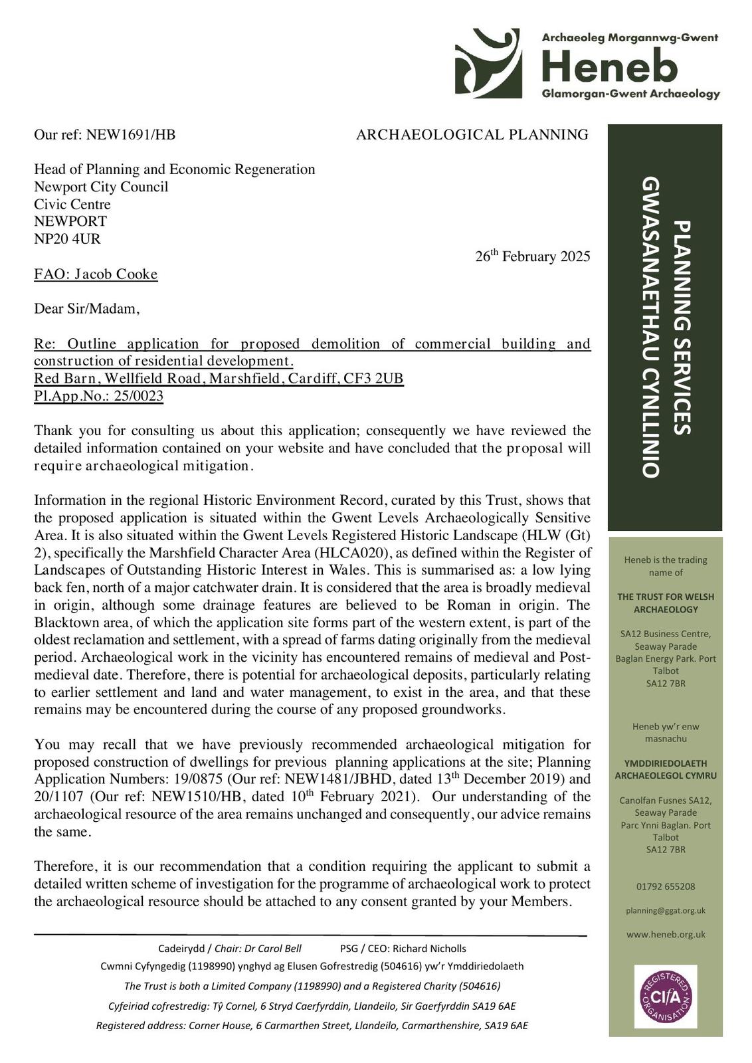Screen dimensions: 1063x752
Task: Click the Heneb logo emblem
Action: pos(488,64)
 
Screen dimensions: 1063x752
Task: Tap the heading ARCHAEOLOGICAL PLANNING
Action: pos(472,135)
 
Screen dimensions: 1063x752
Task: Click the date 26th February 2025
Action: pos(532,256)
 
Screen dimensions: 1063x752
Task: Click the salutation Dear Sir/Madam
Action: pos(87,309)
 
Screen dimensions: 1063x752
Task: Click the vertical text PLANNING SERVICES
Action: pos(682,328)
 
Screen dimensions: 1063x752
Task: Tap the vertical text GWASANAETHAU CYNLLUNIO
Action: pos(650,326)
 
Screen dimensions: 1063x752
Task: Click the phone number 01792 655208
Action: pos(665,886)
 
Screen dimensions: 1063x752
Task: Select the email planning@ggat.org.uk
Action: pos(665,911)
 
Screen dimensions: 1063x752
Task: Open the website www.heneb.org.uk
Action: pos(665,935)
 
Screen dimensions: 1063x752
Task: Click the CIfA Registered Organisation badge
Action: pos(665,996)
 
